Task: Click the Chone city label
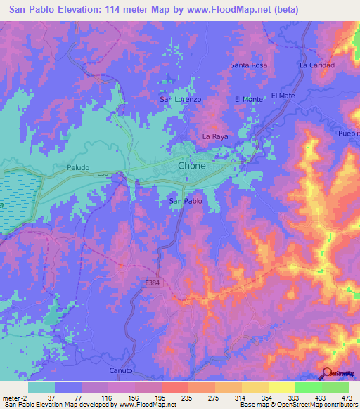[x=191, y=166]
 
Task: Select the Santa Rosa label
[x=249, y=65]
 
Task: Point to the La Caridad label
[x=316, y=65]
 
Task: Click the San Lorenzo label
[x=181, y=100]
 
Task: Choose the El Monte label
[x=248, y=100]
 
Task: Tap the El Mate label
[x=281, y=95]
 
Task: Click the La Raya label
[x=214, y=136]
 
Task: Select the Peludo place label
[x=78, y=169]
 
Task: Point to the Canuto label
[x=122, y=370]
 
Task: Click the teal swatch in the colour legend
[x=41, y=387]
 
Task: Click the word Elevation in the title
[x=74, y=10]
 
